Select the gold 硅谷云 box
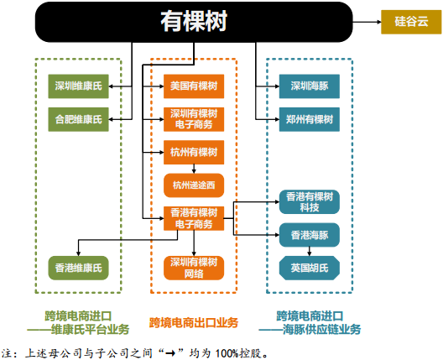pos(410,22)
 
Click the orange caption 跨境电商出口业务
pos(194,322)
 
